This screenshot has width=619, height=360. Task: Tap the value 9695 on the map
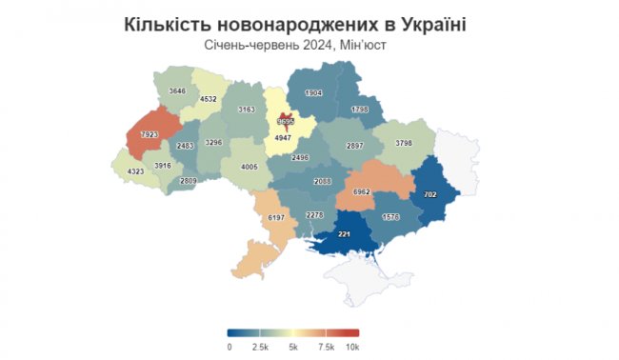pyautogui.click(x=286, y=123)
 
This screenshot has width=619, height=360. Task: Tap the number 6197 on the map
pyautogui.click(x=278, y=218)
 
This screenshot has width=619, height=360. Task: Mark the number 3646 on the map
pyautogui.click(x=177, y=90)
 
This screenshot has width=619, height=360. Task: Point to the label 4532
pyautogui.click(x=210, y=99)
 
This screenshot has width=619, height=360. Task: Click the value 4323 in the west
pyautogui.click(x=137, y=170)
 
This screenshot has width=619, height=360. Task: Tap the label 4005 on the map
pyautogui.click(x=250, y=167)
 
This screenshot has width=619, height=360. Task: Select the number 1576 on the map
pyautogui.click(x=390, y=217)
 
